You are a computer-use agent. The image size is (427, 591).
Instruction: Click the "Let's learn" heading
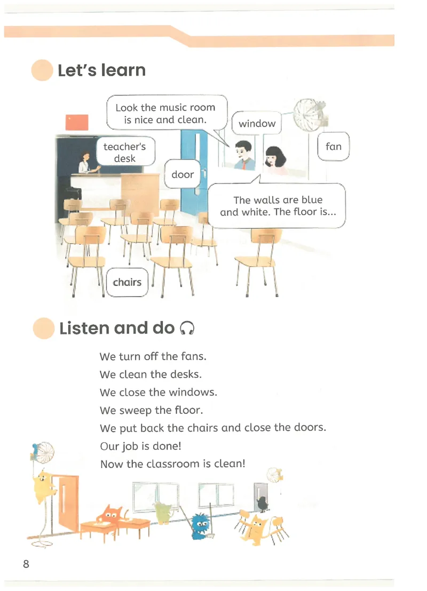coord(101,70)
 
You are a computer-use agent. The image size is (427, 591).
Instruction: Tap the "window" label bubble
coord(257,123)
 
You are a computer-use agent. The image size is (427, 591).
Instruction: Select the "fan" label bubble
coord(334,146)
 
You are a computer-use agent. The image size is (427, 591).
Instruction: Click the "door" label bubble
coord(183,174)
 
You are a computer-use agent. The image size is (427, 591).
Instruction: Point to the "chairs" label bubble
coord(127,282)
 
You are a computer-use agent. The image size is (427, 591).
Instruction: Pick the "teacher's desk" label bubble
coord(124,152)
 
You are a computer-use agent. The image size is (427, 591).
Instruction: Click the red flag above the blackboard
coord(77,123)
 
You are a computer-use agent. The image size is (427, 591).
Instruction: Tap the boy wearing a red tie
coord(243,155)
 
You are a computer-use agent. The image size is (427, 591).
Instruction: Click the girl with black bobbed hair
coord(276,159)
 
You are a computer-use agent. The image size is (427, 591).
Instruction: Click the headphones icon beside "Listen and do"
coord(187,328)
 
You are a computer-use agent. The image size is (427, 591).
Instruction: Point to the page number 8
coord(26,564)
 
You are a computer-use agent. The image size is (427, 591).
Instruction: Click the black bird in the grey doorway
coord(262,503)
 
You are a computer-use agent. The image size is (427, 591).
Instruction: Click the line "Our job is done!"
coord(141,446)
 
